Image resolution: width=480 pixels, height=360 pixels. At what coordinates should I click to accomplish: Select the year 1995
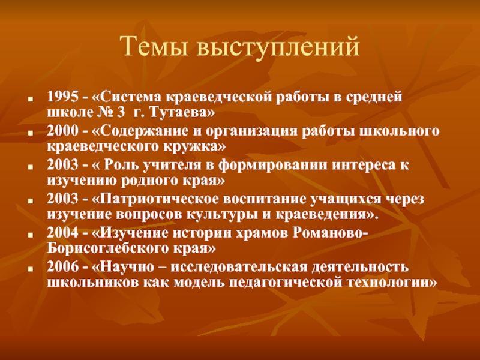pos(63,97)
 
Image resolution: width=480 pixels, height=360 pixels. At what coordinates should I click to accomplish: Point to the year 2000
pos(63,131)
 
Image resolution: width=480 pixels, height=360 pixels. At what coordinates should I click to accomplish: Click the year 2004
pos(63,233)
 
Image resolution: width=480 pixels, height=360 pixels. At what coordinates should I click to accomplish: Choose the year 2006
pos(63,266)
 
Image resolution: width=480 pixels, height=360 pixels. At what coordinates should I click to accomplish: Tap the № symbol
pos(106,113)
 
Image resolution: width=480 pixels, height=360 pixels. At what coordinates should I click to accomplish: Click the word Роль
pos(118,166)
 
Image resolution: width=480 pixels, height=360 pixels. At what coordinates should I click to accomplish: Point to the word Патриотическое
pos(159,200)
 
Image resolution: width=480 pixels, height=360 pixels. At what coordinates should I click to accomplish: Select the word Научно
pos(127,267)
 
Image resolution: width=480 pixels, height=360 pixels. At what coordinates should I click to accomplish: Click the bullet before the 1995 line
pos(30,100)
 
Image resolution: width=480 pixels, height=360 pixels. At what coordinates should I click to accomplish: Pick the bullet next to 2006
pos(30,269)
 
